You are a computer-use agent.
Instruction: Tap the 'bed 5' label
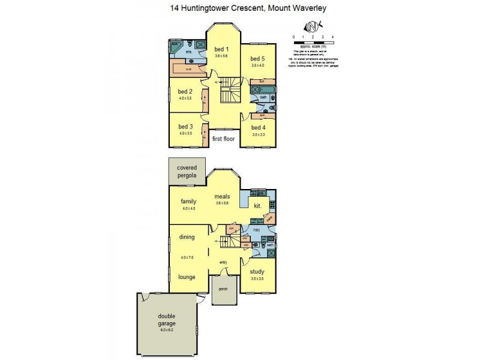[258, 58]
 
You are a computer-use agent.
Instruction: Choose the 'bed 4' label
[258, 127]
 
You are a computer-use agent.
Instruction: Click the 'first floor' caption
[223, 139]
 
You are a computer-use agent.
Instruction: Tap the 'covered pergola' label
[187, 171]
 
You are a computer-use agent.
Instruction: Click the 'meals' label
[223, 196]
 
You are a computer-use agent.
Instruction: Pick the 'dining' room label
[187, 237]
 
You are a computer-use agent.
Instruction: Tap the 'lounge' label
[187, 277]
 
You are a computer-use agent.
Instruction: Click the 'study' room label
[258, 272]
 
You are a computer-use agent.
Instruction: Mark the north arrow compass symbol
[313, 27]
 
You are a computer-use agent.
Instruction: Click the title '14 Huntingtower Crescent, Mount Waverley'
[240, 8]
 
